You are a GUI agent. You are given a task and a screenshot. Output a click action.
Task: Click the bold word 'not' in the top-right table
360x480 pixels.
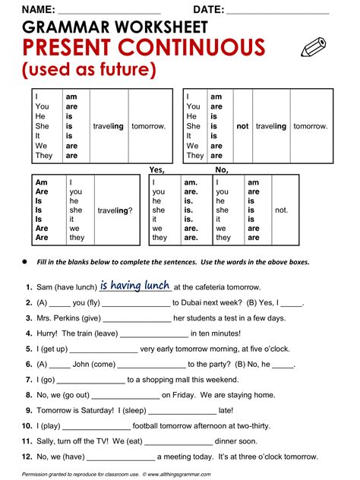click(x=242, y=126)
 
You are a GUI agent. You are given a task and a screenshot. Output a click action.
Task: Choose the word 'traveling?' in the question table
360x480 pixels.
click(x=115, y=210)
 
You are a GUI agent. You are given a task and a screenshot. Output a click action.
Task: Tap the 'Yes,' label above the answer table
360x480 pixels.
click(x=157, y=169)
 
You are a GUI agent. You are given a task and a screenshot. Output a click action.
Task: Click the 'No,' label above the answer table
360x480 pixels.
click(x=223, y=169)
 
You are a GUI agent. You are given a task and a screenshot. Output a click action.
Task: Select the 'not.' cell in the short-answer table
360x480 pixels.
click(x=281, y=210)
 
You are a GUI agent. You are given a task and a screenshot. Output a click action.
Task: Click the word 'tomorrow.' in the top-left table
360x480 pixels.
click(x=148, y=126)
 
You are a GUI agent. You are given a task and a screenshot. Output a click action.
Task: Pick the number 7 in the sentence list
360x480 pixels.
click(x=28, y=364)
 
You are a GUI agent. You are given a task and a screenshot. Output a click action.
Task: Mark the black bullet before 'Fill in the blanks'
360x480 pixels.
click(x=24, y=261)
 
